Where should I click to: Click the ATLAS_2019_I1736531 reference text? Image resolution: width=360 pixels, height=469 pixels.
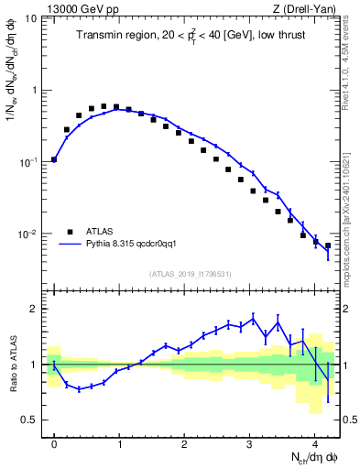tap(191, 274)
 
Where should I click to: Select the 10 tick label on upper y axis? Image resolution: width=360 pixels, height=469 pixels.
tap(29, 18)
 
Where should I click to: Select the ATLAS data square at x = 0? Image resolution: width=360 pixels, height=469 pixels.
tap(54, 159)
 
